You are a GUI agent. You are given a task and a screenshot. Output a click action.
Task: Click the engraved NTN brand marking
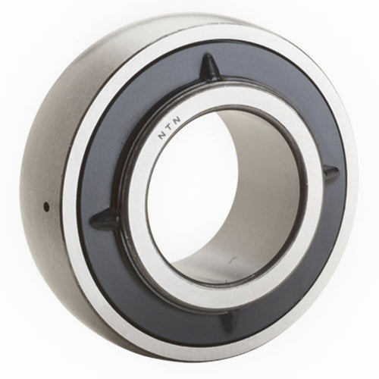[x=170, y=127]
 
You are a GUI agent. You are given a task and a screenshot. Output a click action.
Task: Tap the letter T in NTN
[x=169, y=127]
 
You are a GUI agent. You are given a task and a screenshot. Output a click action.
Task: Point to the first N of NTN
[x=162, y=135]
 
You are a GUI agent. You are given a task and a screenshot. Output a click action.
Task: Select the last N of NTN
[x=177, y=120]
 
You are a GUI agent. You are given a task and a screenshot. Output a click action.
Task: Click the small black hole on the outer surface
[x=46, y=207]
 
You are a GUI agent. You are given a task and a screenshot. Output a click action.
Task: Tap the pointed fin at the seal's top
[x=210, y=66]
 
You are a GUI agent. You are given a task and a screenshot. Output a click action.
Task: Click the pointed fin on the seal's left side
[x=105, y=218]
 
